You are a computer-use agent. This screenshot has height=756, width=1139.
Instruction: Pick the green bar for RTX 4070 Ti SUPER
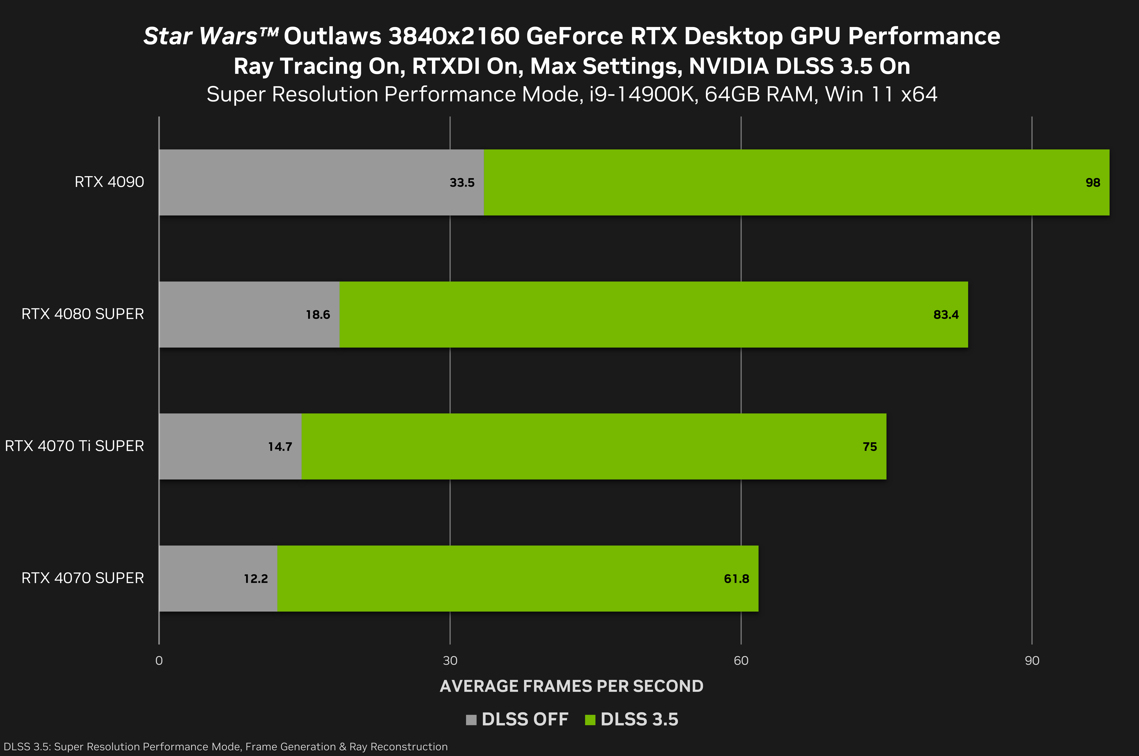point(579,446)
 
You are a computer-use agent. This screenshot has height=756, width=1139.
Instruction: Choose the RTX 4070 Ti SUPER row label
point(74,446)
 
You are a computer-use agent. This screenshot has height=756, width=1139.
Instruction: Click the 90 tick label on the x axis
point(1032,661)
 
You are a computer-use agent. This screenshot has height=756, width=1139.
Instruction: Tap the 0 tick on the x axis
point(159,661)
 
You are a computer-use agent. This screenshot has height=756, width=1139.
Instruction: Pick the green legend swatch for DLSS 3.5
point(590,720)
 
